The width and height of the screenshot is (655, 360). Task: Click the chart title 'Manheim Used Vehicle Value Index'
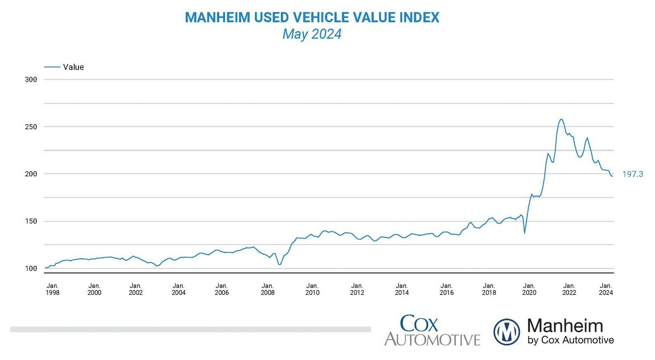pos(312,17)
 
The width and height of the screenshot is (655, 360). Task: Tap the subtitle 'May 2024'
pos(312,34)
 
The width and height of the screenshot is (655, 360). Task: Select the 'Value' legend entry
pos(73,67)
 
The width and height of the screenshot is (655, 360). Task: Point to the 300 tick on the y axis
pos(31,80)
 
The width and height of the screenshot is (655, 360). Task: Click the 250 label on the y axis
pos(31,127)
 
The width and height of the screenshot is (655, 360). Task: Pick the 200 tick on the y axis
pos(31,174)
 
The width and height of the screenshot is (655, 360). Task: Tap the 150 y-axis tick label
pos(31,221)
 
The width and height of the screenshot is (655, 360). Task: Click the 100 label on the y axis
pos(31,269)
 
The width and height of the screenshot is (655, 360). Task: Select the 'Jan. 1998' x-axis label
pos(53,289)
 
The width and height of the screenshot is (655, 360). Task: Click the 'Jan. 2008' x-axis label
pos(267,289)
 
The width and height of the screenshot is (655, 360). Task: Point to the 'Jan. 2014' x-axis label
pos(402,289)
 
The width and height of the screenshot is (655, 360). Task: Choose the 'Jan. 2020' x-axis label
pos(529,289)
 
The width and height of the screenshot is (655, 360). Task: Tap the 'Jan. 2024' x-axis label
pos(606,289)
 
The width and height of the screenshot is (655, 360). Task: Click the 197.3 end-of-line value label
pos(632,174)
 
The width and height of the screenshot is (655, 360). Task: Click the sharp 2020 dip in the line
pos(524,233)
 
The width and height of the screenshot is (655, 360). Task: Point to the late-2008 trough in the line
pos(279,265)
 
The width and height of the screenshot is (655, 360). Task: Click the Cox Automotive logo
pos(432,330)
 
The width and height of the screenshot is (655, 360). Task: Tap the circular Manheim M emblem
pos(507,332)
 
